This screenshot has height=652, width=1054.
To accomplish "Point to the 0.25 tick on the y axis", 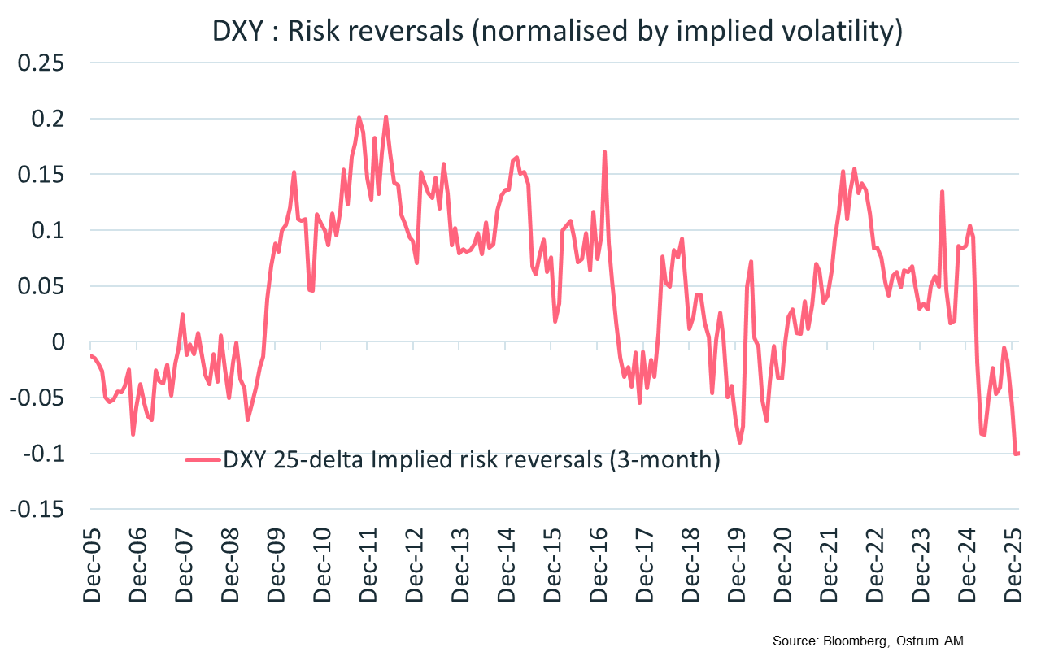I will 39,63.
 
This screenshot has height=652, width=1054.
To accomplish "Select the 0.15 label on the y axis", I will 39,175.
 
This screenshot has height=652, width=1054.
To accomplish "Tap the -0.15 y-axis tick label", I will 36,509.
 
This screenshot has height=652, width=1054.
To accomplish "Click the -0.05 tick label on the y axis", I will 36,398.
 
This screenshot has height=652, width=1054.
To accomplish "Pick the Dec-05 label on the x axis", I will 91,569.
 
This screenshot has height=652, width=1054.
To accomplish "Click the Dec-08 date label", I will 230,569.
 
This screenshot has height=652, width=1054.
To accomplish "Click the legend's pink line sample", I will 203,461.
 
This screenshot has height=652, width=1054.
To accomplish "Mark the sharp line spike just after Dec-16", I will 605,152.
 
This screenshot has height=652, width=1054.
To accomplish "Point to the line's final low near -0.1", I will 1017,453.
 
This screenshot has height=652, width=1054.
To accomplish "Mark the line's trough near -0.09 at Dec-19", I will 740,442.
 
